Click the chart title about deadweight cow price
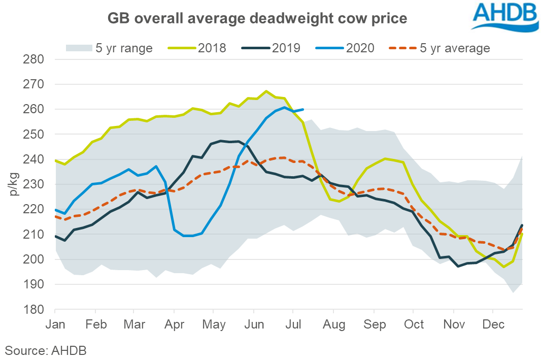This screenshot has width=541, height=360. coord(257,19)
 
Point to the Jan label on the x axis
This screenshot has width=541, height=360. coord(55,324)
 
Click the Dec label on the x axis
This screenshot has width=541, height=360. coord(492,324)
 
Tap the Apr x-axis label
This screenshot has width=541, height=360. coord(174,324)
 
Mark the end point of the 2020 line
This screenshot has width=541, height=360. coord(303,109)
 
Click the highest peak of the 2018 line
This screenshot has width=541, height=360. coord(266,91)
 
